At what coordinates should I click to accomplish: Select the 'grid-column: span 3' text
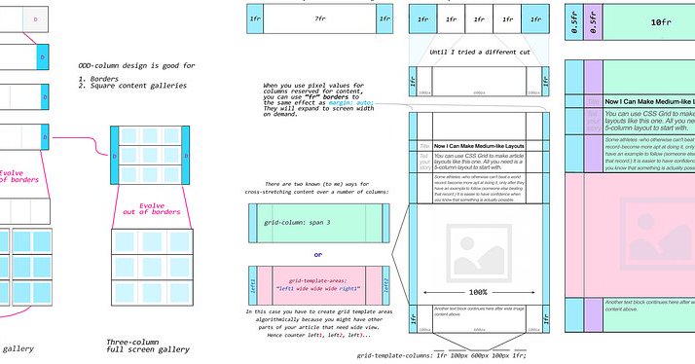(x=302, y=223)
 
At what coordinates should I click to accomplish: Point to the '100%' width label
(x=478, y=291)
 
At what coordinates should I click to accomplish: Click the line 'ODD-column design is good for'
(x=136, y=65)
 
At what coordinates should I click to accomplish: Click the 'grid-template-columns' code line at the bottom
(x=457, y=357)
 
